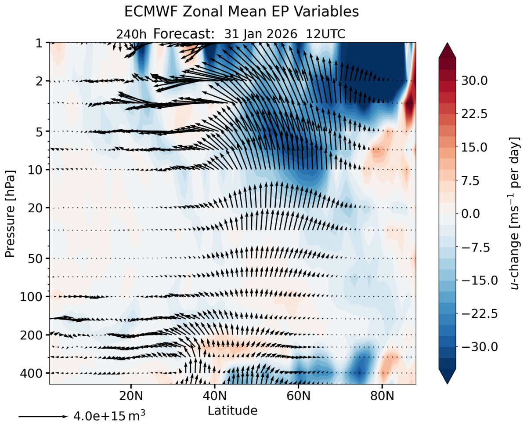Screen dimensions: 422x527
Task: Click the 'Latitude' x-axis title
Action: click(x=232, y=411)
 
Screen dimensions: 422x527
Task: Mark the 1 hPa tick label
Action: click(x=39, y=43)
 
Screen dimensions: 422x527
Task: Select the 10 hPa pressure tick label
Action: click(x=34, y=169)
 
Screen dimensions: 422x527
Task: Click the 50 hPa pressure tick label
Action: click(x=34, y=258)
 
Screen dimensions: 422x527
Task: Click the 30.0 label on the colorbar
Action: click(x=473, y=81)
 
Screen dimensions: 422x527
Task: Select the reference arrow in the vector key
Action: click(x=43, y=416)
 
